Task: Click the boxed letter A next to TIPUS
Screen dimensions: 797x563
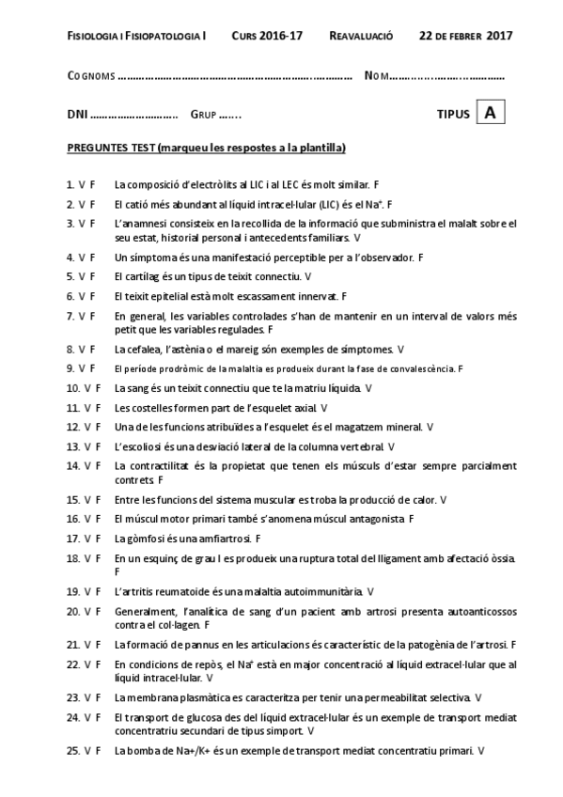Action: click(490, 113)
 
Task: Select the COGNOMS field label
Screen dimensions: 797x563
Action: click(91, 76)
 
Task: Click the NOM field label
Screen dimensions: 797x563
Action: click(376, 76)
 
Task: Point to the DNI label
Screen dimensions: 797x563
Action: click(77, 115)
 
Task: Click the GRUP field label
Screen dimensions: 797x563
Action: click(203, 115)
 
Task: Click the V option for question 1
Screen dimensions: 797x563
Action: click(82, 184)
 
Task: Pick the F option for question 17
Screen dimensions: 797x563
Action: click(98, 539)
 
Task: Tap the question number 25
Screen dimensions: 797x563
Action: click(72, 751)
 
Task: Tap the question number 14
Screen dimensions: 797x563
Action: click(72, 465)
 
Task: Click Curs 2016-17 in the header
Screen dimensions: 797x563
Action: click(267, 36)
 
